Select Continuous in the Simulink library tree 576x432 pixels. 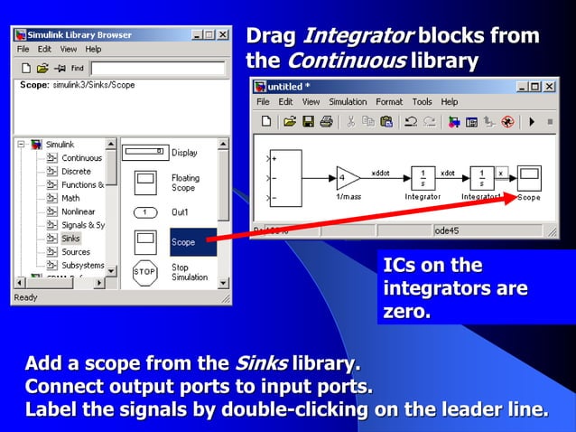81,157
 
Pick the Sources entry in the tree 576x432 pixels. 76,252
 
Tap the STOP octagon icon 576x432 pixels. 144,271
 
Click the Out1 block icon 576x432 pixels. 145,212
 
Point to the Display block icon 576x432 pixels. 145,153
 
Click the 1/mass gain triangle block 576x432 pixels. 348,175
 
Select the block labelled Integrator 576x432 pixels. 423,175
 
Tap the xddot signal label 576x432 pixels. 381,170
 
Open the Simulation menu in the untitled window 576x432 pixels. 348,102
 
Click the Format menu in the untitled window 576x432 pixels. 389,102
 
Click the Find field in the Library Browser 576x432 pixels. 157,68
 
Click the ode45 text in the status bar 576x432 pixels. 447,230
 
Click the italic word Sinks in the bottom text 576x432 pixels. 261,364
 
